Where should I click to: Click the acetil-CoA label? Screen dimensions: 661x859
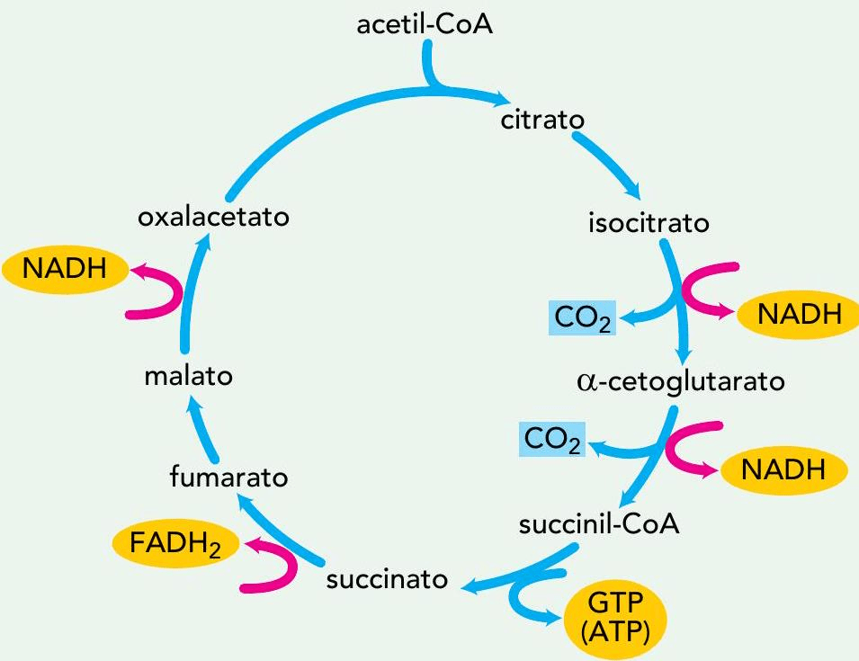425,24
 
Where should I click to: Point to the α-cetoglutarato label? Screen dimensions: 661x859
680,381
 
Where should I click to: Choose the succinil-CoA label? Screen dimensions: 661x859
599,524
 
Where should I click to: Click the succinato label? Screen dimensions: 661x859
387,578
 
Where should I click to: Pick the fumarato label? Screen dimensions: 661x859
229,477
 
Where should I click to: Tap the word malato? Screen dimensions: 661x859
188,376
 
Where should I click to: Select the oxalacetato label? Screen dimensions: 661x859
213,218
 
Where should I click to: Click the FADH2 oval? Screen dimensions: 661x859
175,545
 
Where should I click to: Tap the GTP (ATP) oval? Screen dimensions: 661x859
617,615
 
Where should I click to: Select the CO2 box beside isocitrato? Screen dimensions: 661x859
582,317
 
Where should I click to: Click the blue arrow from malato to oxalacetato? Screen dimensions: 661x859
194,288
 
